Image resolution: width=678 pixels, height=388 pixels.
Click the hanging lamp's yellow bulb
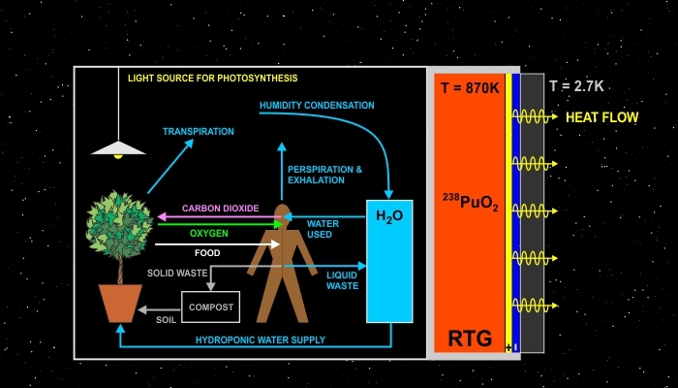pyautogui.click(x=118, y=154)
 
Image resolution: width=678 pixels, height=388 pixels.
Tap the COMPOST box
pyautogui.click(x=210, y=307)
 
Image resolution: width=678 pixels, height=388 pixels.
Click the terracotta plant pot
pyautogui.click(x=120, y=303)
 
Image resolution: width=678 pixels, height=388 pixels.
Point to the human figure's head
pyautogui.click(x=281, y=213)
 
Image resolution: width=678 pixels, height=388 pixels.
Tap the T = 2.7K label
pyautogui.click(x=576, y=86)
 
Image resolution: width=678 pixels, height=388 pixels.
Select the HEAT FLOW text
pyautogui.click(x=601, y=117)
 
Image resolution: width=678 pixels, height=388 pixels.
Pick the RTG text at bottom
pyautogui.click(x=470, y=339)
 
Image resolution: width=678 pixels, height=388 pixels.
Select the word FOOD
pyautogui.click(x=207, y=253)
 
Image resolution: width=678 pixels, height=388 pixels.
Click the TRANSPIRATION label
pyautogui.click(x=199, y=131)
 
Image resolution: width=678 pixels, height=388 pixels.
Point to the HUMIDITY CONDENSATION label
pyautogui.click(x=317, y=105)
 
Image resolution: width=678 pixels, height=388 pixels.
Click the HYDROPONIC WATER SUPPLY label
pyautogui.click(x=261, y=339)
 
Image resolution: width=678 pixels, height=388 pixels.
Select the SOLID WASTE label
pyautogui.click(x=177, y=274)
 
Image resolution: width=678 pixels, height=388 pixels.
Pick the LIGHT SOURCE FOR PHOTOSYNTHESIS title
pyautogui.click(x=213, y=78)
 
